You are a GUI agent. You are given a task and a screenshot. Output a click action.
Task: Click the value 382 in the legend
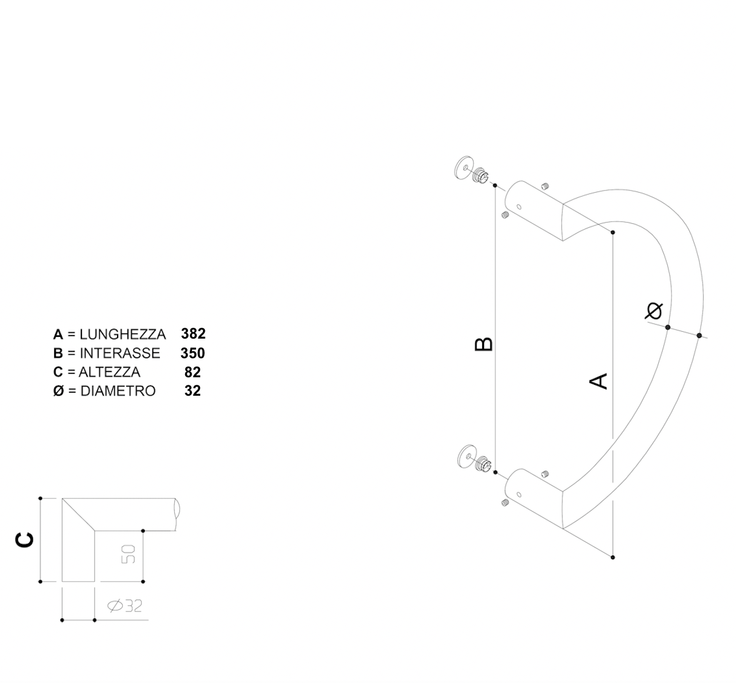click(193, 334)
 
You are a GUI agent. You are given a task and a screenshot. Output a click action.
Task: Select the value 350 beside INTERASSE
click(193, 353)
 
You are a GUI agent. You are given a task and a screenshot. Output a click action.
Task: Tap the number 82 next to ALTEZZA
click(192, 372)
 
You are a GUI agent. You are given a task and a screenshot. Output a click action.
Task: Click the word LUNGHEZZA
click(123, 335)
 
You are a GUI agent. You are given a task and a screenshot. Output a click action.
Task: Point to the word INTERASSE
click(120, 354)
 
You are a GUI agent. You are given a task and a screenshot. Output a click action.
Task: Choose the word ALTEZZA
click(110, 372)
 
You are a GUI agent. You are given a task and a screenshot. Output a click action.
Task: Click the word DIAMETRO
click(118, 391)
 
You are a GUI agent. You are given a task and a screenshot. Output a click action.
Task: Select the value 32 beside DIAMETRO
click(192, 391)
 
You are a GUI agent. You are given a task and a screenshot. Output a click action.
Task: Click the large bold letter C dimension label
click(24, 540)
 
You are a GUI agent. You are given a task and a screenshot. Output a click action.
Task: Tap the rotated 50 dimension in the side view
click(128, 554)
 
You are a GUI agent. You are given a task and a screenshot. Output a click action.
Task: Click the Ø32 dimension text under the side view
click(125, 606)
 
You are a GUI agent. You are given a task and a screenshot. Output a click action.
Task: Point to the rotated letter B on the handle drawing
click(483, 344)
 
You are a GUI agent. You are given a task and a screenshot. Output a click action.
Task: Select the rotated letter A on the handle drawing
click(599, 381)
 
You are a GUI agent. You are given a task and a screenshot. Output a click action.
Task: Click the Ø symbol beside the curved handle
click(654, 310)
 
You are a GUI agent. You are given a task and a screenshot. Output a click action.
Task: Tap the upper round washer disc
click(463, 168)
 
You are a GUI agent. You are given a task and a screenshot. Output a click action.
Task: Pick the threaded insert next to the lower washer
click(484, 463)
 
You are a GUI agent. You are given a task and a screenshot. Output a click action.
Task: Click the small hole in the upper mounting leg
click(519, 207)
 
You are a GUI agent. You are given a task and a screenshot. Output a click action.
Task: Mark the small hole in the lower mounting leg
click(519, 494)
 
